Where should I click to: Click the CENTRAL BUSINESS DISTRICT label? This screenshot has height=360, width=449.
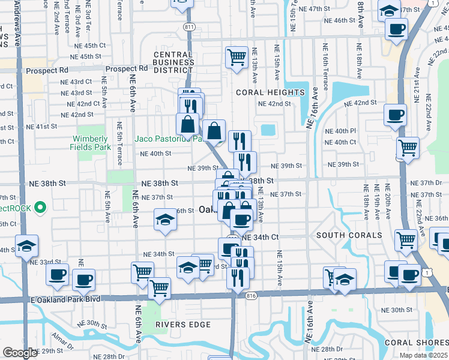[x=173, y=62]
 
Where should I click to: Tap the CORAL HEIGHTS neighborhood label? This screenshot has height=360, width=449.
[x=270, y=92]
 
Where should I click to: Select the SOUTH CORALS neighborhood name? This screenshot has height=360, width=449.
[x=349, y=235]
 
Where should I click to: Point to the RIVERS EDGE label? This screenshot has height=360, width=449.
[x=183, y=325]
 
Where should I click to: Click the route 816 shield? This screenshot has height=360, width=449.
[x=252, y=295]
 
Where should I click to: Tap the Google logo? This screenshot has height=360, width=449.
[x=20, y=353]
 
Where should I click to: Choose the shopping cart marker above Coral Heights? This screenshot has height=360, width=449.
[x=237, y=58]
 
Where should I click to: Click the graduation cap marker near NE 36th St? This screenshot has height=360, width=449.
[x=165, y=220]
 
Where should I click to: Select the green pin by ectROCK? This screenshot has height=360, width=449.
[x=41, y=208]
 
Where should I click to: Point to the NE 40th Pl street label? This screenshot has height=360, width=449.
[x=340, y=131]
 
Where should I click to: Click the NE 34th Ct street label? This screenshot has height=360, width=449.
[x=260, y=238]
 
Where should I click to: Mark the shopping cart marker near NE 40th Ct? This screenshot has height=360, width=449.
[x=408, y=146]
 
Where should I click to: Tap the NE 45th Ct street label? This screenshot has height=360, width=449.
[x=90, y=45]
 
